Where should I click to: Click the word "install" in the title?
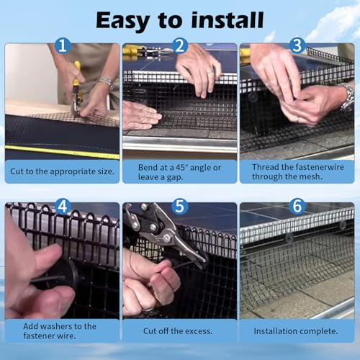(228, 20)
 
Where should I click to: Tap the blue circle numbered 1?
(63, 45)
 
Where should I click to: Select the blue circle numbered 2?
(180, 45)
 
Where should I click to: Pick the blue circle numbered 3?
(297, 45)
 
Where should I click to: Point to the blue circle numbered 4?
(63, 206)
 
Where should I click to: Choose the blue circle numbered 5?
(180, 206)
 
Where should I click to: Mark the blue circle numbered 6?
(297, 206)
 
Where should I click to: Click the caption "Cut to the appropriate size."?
(62, 171)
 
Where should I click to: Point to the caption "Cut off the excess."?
(178, 331)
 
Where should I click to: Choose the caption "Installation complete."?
(296, 331)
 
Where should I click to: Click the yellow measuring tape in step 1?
(63, 151)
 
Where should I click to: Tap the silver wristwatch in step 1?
(107, 81)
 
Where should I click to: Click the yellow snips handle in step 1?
(76, 73)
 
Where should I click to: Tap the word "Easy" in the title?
(123, 21)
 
